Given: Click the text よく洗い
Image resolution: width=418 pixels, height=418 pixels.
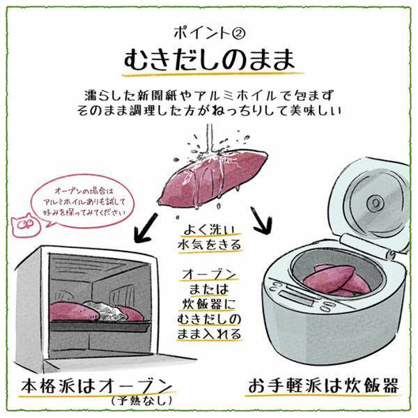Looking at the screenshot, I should pyautogui.click(x=208, y=230).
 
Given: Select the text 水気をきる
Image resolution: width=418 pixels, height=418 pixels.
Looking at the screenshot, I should pyautogui.click(x=208, y=245).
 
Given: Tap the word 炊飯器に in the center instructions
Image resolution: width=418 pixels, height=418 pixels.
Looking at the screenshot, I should pyautogui.click(x=209, y=304).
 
